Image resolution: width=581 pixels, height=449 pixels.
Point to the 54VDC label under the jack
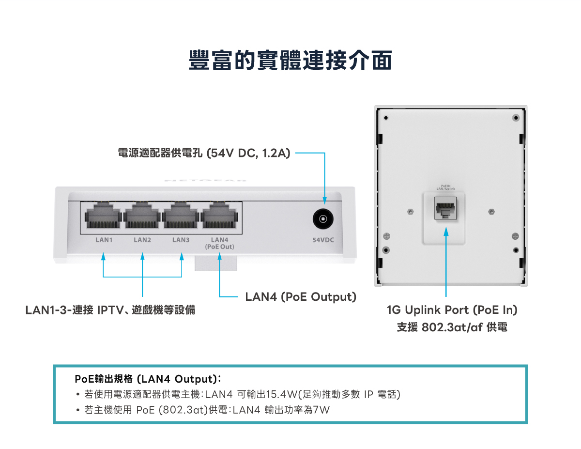323,240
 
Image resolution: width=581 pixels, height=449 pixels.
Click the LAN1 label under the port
104,240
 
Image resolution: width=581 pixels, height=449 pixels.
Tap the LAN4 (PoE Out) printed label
219,243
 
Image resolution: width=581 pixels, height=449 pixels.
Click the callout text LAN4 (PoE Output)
301,296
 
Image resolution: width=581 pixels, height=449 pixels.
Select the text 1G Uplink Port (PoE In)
452,310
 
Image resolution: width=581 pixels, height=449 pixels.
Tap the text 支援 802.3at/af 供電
452,327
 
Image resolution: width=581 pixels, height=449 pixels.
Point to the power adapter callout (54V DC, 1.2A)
204,154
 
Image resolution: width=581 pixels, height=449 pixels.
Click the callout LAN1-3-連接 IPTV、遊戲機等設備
110,310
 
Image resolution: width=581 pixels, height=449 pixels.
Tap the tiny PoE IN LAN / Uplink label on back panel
445,186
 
